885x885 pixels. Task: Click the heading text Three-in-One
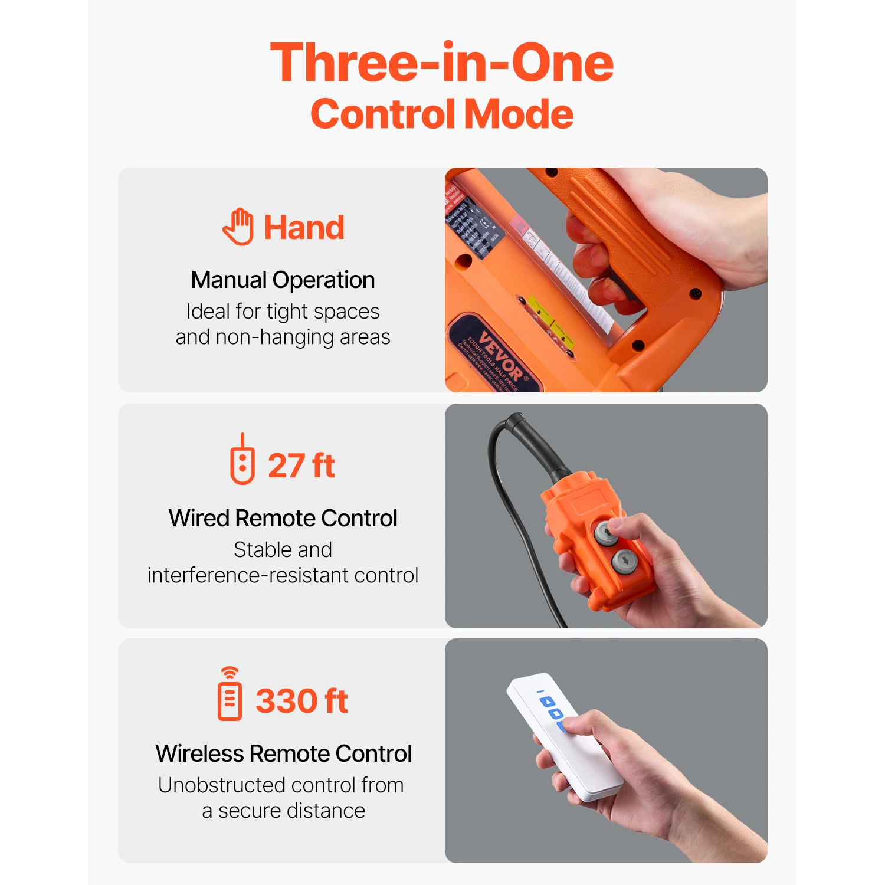(x=441, y=63)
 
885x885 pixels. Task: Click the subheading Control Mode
(x=441, y=114)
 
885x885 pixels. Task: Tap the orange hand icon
(x=238, y=227)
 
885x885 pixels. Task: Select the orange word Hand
(x=304, y=228)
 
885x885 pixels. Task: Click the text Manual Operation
(x=283, y=280)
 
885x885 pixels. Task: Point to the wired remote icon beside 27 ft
(x=242, y=460)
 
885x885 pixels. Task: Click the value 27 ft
(x=301, y=466)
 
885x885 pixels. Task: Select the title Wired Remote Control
(x=283, y=518)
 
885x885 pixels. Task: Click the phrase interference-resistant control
(x=283, y=575)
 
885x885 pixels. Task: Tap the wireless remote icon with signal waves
(x=230, y=694)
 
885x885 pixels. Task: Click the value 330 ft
(x=301, y=701)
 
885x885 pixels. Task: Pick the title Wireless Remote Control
(x=283, y=753)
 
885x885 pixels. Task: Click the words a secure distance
(x=283, y=811)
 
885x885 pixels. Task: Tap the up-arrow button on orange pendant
(x=606, y=533)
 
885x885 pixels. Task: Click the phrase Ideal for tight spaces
(x=283, y=312)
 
